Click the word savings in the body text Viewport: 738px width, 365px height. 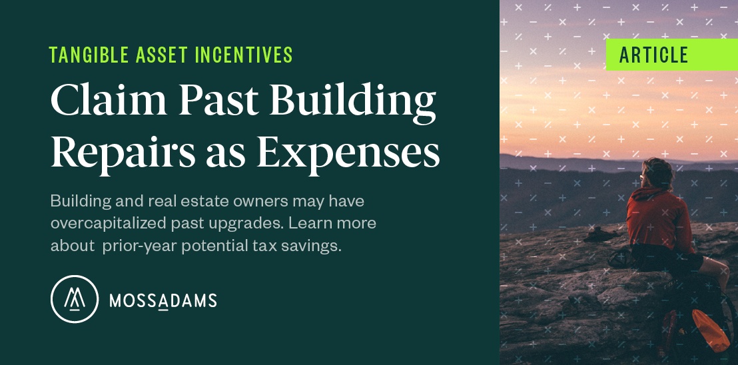[314, 245]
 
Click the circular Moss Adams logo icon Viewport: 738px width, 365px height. [75, 299]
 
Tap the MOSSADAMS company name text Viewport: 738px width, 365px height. [163, 301]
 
